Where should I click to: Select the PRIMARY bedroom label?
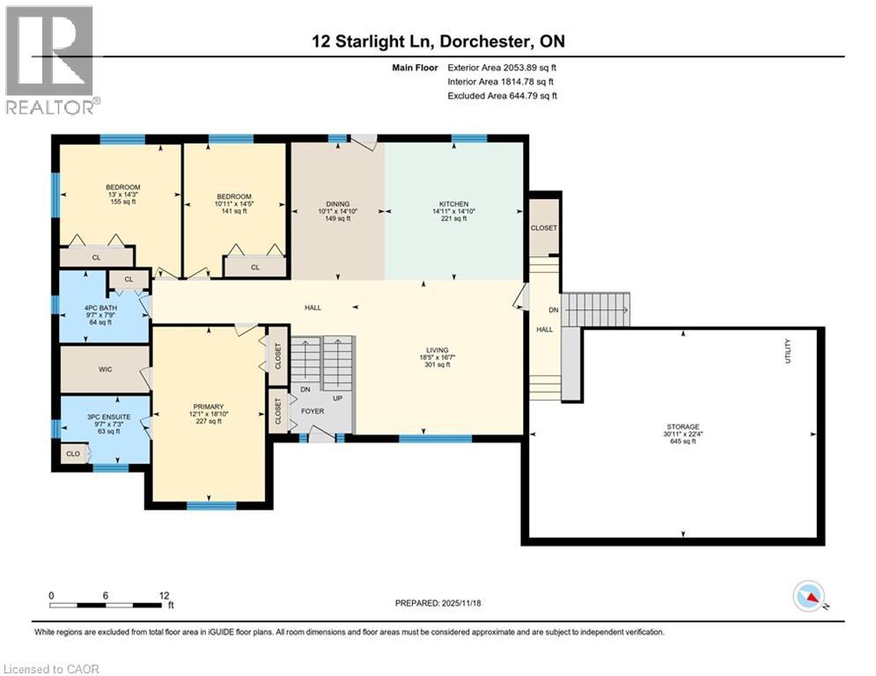(208, 406)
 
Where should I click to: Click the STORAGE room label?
(682, 426)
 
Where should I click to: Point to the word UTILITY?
(789, 350)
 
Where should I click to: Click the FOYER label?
(313, 411)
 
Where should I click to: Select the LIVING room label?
(438, 349)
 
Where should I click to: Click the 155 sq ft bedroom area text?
(122, 202)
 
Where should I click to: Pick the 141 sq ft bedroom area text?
(233, 211)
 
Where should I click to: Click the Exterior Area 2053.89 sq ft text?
(502, 67)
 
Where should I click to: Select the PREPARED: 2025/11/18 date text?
(438, 603)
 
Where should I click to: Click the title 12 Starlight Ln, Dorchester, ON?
(438, 41)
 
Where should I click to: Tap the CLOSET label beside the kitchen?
(544, 227)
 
